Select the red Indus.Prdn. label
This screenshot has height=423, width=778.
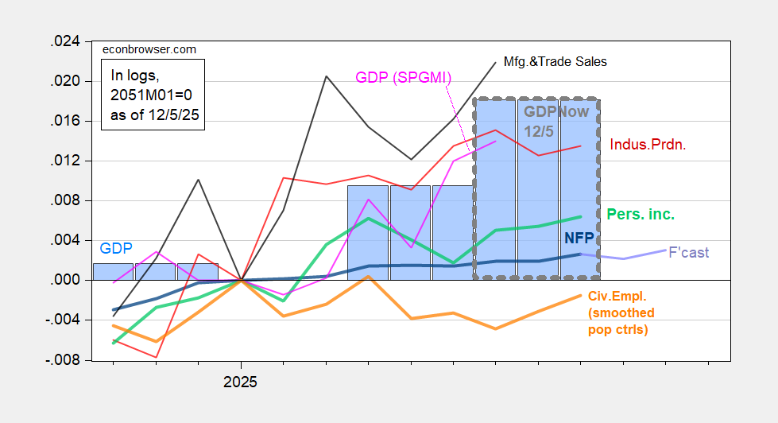647,145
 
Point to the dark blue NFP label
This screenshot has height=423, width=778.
579,238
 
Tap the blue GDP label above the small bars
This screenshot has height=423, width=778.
116,247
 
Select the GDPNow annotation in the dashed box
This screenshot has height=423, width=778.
555,112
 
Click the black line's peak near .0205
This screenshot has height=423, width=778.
326,76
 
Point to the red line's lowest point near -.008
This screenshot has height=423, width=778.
156,357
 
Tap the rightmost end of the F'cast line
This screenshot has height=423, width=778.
666,250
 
